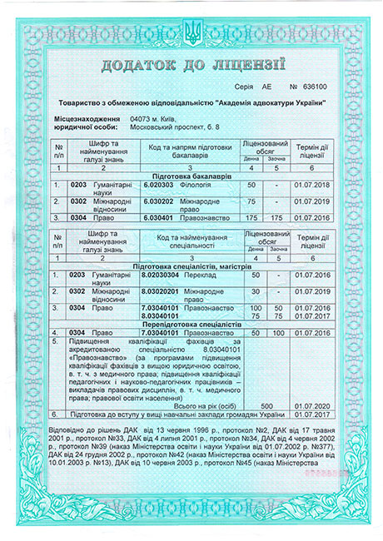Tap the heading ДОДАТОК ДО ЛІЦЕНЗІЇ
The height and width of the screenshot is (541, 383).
point(191,65)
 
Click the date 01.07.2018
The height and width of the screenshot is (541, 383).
point(312,184)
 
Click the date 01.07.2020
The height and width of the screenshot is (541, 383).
point(312,405)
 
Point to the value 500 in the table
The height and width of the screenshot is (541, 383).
point(256,405)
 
